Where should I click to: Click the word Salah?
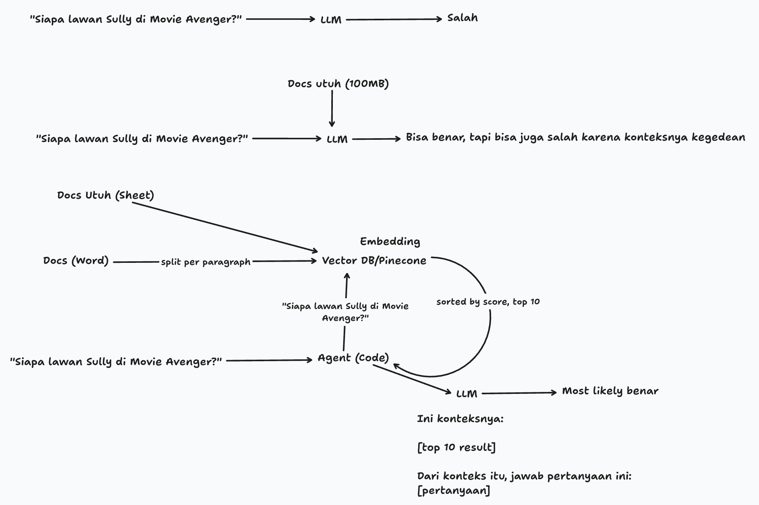(462, 18)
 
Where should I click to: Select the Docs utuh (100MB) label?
(338, 84)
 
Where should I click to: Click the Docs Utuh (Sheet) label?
(105, 195)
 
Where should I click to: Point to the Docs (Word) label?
(76, 261)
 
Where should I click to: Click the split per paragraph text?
(206, 262)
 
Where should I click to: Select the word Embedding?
(390, 241)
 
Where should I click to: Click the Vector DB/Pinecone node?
(374, 261)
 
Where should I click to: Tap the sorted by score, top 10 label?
(488, 302)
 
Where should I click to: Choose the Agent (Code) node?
(353, 358)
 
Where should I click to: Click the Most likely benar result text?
(610, 391)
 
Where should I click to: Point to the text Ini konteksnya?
(460, 419)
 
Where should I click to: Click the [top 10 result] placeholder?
(456, 448)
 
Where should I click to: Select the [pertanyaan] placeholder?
(454, 491)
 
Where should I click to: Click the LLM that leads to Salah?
(331, 20)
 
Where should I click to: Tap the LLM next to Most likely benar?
(466, 394)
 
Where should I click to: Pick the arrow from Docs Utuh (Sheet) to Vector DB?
(223, 227)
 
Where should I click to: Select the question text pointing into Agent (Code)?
(116, 362)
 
